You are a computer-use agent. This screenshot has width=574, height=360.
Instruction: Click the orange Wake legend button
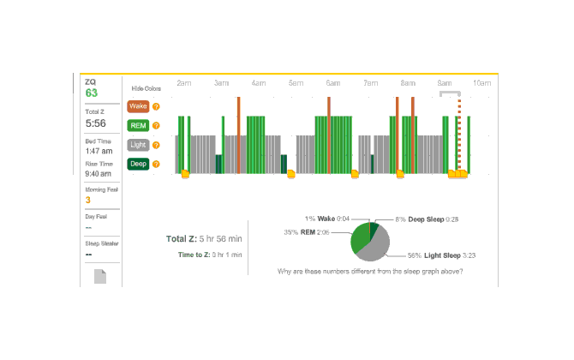pyautogui.click(x=137, y=107)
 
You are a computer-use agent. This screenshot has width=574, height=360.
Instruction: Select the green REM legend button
pyautogui.click(x=137, y=126)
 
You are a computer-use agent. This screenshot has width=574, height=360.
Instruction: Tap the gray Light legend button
pyautogui.click(x=137, y=145)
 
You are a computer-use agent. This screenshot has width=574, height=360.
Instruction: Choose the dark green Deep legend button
pyautogui.click(x=137, y=164)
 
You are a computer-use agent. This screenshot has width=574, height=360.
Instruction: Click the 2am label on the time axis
pyautogui.click(x=183, y=83)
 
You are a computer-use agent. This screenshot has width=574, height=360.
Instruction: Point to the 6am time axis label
pyautogui.click(x=333, y=83)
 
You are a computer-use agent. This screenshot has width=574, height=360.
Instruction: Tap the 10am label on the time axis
pyautogui.click(x=482, y=83)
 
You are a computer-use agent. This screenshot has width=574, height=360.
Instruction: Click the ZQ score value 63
pyautogui.click(x=92, y=93)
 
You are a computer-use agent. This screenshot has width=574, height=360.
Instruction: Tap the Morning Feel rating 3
pyautogui.click(x=87, y=200)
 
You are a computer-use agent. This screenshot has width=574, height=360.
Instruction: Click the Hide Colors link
pyautogui.click(x=146, y=88)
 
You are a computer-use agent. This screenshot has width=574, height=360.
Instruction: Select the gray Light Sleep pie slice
pyautogui.click(x=375, y=248)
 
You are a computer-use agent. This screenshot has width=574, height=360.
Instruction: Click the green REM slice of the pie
pyautogui.click(x=361, y=236)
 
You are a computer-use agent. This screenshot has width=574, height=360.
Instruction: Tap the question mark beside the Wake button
pyautogui.click(x=156, y=107)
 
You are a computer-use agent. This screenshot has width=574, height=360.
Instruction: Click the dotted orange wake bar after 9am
pyautogui.click(x=458, y=137)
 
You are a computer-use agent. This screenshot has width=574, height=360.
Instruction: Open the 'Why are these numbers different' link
pyautogui.click(x=370, y=271)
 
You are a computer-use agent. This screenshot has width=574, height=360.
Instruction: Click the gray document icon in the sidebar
pyautogui.click(x=99, y=277)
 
